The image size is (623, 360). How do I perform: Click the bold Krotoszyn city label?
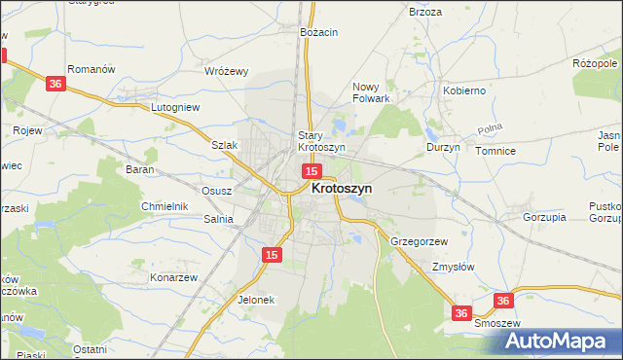[x=341, y=190]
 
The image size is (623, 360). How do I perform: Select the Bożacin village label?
[x=319, y=32]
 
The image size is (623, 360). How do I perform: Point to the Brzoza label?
[x=425, y=12]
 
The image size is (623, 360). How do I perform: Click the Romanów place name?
[x=92, y=69]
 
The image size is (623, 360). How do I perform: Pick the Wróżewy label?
[x=227, y=71]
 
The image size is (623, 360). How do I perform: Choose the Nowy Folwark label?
[x=371, y=92]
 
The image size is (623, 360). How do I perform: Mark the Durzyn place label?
[x=443, y=148]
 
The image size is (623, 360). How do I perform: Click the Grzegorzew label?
[x=419, y=240]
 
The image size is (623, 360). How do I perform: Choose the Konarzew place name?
[x=174, y=277]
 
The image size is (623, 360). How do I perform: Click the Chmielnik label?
[x=164, y=206]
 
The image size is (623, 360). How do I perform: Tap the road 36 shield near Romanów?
[x=55, y=85]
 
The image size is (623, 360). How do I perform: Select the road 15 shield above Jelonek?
[x=272, y=255]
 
